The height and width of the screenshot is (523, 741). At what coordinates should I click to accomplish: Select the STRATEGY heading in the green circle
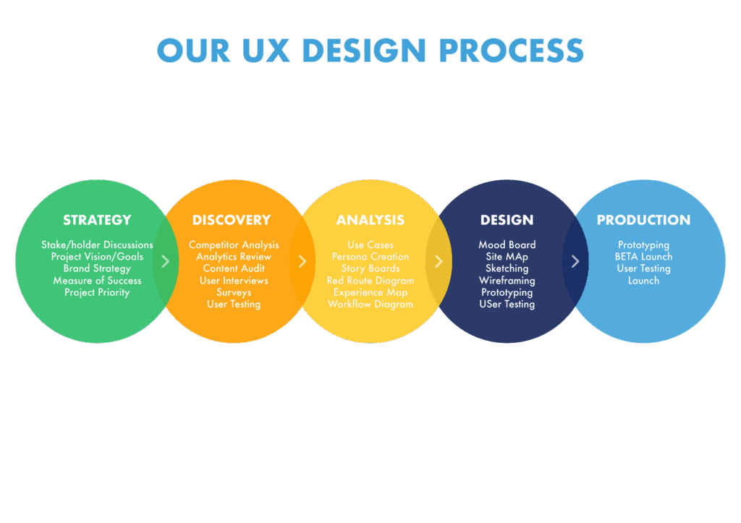point(97,220)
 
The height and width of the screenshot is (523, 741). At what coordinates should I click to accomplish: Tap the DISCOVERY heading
point(232,220)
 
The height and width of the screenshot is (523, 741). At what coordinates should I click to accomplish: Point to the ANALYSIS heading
point(370,220)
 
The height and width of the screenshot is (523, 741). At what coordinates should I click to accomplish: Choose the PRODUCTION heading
point(643,220)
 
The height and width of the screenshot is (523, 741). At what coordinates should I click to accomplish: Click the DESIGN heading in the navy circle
point(507,220)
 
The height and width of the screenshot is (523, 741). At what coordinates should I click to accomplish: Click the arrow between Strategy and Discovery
point(166,261)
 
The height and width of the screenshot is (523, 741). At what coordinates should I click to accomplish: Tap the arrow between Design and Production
point(575,261)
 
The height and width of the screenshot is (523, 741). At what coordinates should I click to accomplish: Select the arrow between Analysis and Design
point(439,261)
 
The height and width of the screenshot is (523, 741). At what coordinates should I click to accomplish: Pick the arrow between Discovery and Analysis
point(302,261)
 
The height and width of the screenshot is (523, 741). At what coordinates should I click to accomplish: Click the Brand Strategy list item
point(97,268)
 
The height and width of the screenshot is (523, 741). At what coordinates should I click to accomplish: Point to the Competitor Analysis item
point(234,245)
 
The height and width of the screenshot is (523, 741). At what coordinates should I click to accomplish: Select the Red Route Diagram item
point(370,281)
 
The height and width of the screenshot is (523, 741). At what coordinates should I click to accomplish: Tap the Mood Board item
point(507,245)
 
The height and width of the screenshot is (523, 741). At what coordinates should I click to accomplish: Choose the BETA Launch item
point(643,257)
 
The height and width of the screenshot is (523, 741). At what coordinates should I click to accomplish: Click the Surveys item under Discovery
point(234,292)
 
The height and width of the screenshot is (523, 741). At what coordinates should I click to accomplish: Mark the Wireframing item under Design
point(507,281)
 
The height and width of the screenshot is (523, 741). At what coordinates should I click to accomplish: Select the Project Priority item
point(97,292)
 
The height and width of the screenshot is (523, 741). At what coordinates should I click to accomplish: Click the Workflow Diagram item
point(370,305)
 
